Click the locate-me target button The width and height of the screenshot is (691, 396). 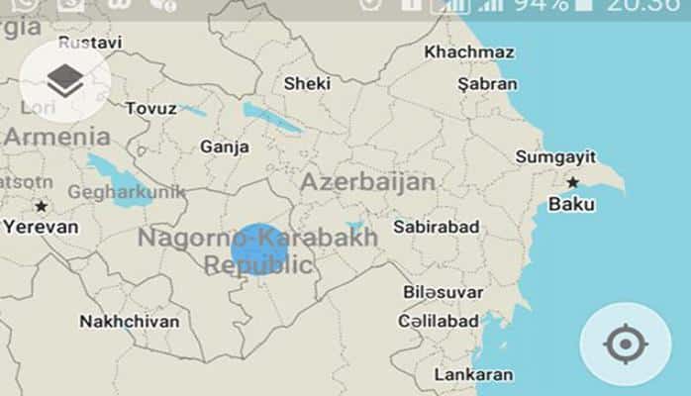(625, 346)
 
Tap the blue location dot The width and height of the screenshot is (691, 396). (259, 250)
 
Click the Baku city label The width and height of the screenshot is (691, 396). (571, 205)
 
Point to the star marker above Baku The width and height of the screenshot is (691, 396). (572, 182)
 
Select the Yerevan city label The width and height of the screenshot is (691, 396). (39, 226)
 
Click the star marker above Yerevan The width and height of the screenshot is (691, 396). (41, 206)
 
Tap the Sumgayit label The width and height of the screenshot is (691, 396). (555, 156)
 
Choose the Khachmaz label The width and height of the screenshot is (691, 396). (469, 51)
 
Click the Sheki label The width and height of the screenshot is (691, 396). (307, 84)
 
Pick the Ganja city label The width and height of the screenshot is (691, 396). (225, 147)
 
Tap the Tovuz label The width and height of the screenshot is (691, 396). (151, 108)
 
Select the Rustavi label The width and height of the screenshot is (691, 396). (90, 43)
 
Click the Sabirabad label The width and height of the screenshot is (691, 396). (436, 228)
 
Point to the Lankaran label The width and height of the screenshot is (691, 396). (473, 374)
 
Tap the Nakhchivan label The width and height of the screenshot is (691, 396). (130, 322)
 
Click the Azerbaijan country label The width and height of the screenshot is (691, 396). (367, 183)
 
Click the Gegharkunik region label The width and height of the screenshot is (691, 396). (126, 192)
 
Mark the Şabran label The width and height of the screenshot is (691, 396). (487, 84)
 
